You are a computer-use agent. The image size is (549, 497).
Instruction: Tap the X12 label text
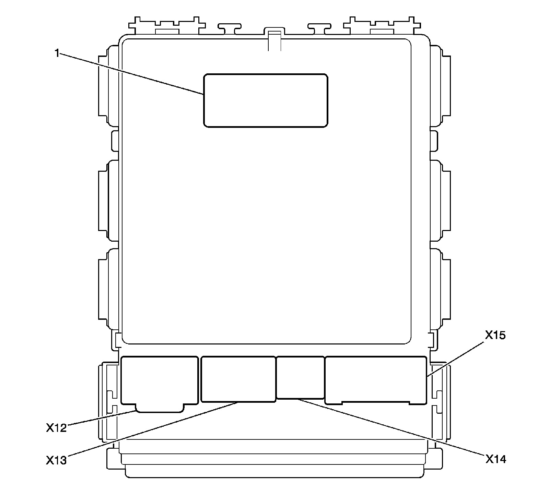pos(57,427)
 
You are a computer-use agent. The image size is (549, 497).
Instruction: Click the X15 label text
pos(495,335)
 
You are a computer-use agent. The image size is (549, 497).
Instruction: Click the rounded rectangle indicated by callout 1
pos(266,100)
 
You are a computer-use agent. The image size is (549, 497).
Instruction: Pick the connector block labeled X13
pos(238,379)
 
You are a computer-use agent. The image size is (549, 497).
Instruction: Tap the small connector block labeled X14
pos(300,378)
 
